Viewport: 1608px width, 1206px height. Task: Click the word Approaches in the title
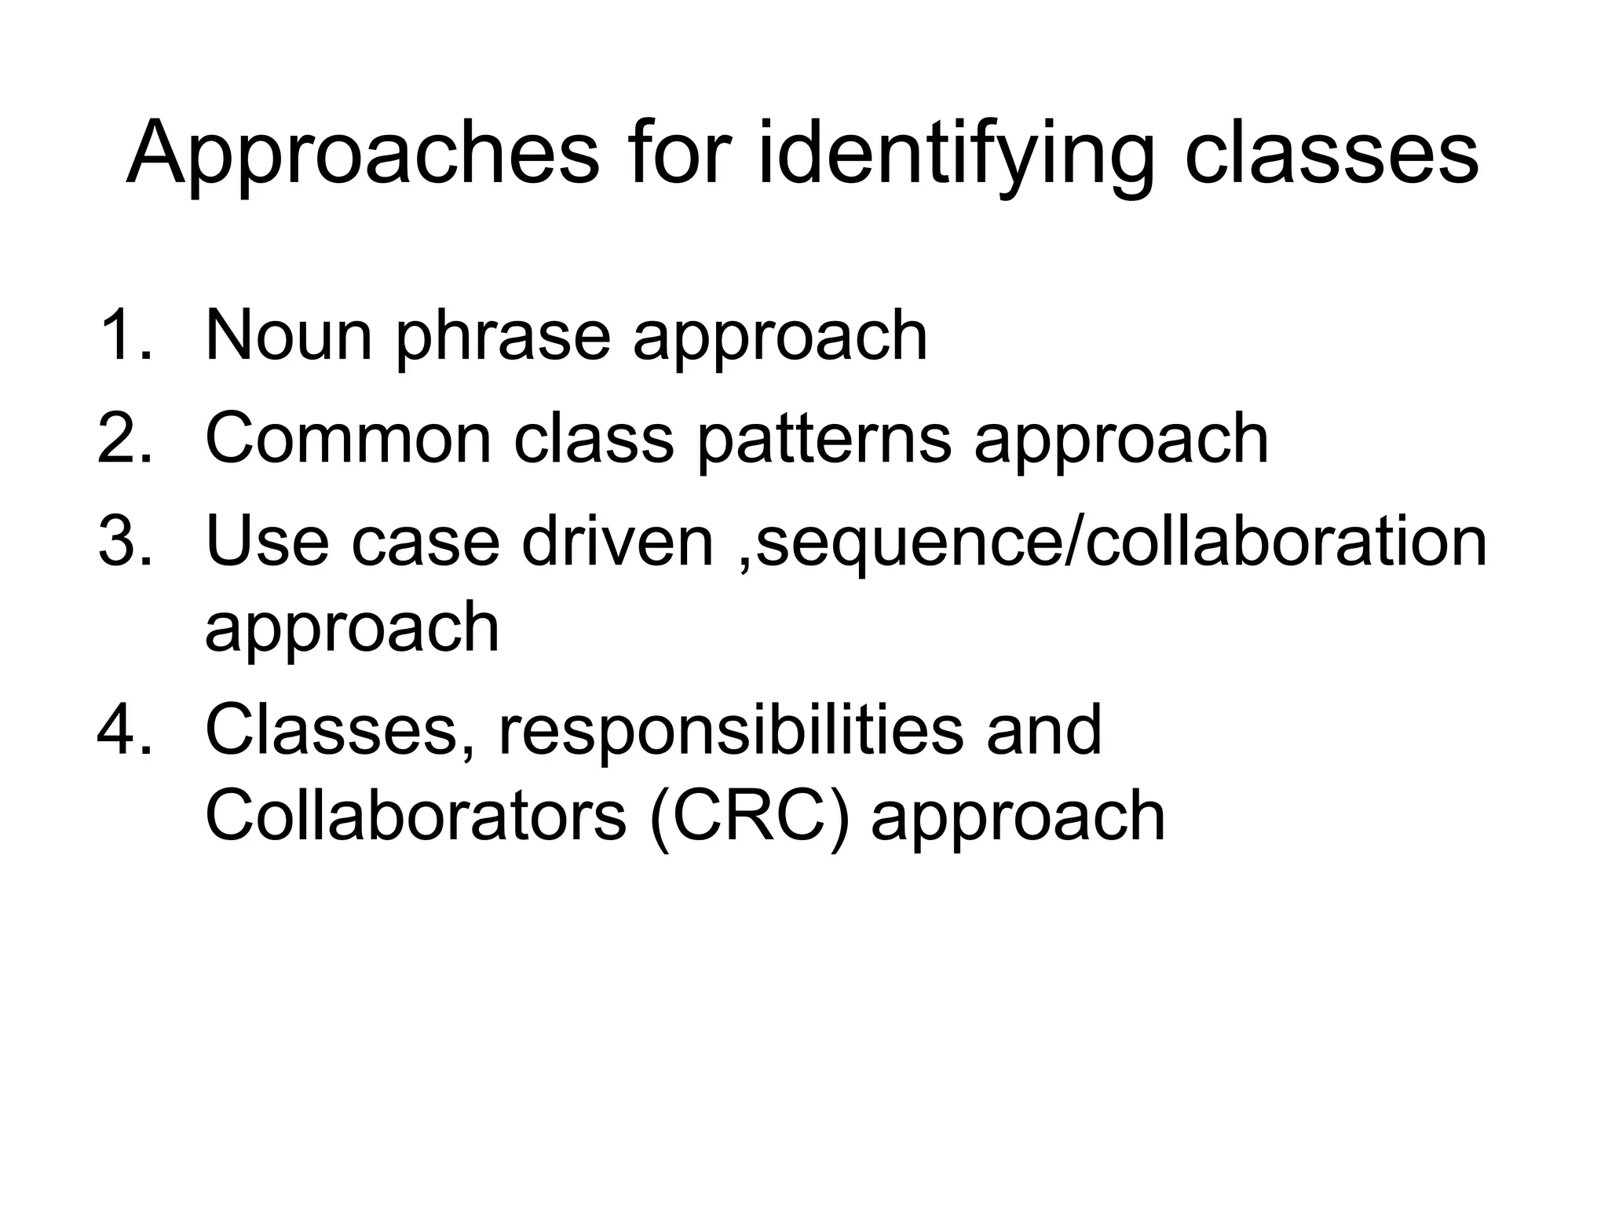pyautogui.click(x=362, y=154)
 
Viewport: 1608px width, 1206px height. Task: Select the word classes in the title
pyautogui.click(x=1331, y=154)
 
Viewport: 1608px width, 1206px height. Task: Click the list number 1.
pyautogui.click(x=124, y=335)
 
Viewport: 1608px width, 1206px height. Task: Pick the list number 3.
pyautogui.click(x=124, y=541)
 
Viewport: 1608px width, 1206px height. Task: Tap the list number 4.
pyautogui.click(x=124, y=730)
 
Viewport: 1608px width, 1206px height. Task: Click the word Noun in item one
pyautogui.click(x=288, y=335)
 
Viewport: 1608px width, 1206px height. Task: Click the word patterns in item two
pyautogui.click(x=824, y=440)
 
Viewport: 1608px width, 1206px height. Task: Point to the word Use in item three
pyautogui.click(x=267, y=541)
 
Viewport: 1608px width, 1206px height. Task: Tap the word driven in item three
pyautogui.click(x=617, y=541)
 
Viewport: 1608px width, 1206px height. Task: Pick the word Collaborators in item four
pyautogui.click(x=415, y=816)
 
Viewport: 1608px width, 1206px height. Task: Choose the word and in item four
pyautogui.click(x=1043, y=730)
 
